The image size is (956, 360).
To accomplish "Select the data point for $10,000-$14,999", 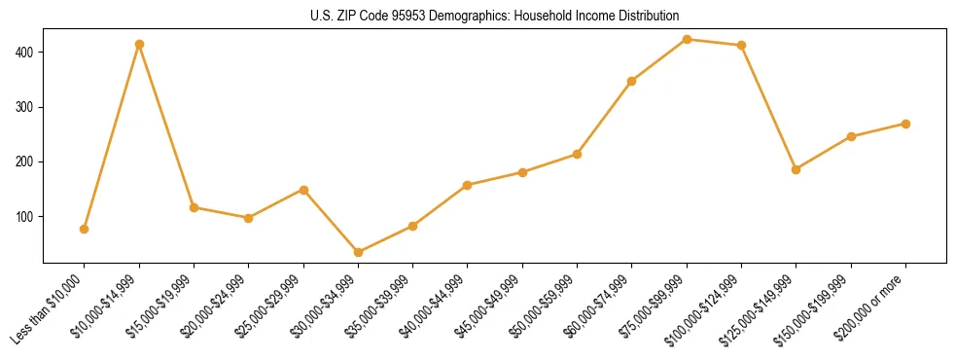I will (139, 44).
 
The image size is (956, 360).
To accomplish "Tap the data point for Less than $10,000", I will (85, 229).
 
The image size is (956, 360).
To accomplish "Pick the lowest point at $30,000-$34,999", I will (359, 252).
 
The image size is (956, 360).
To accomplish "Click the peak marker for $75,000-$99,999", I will (687, 39).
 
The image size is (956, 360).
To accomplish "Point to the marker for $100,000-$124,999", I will (742, 45).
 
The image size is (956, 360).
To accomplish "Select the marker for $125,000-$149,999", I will (797, 169).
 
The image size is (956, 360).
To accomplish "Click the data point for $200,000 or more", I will (905, 124).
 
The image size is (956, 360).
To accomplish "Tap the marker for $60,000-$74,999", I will (632, 81).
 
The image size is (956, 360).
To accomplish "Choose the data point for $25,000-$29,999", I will (303, 190).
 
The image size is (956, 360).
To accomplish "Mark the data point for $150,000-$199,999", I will (851, 136).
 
